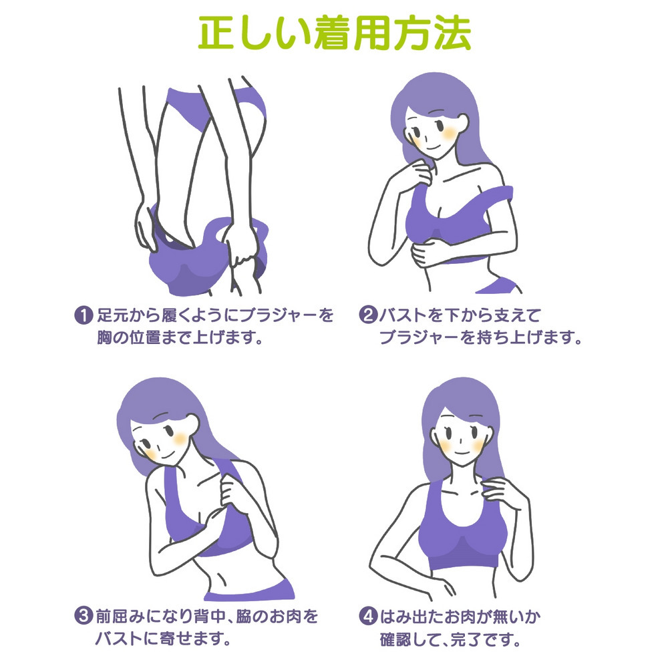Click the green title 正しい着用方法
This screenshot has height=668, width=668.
coord(334,33)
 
